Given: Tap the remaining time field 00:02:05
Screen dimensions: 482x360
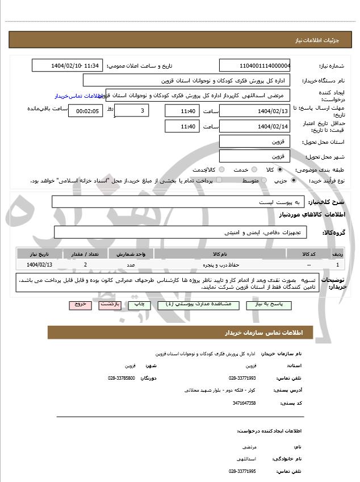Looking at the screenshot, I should tap(86, 111).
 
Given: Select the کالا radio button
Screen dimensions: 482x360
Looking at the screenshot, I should tap(279, 169).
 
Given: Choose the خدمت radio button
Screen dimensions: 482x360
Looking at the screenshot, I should tap(253, 169).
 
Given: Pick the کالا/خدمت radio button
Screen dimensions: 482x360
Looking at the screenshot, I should tap(221, 169).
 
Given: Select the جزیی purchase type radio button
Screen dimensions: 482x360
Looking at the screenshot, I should tap(293, 180).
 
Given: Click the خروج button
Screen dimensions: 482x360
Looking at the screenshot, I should tap(80, 305).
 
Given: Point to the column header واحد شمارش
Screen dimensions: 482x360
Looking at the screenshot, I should tap(131, 254).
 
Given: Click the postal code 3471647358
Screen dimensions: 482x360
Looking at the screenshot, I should tap(244, 403).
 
